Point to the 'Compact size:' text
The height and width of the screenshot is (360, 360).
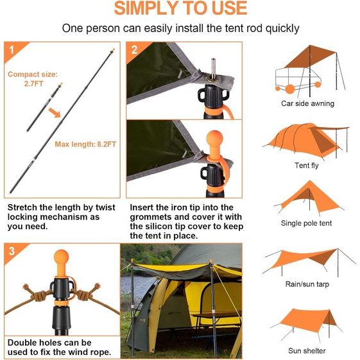pyautogui.click(x=32, y=74)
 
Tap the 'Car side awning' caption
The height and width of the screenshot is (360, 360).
pyautogui.click(x=307, y=103)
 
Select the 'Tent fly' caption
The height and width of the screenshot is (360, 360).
pyautogui.click(x=307, y=166)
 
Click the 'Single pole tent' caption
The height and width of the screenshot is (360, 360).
pyautogui.click(x=307, y=223)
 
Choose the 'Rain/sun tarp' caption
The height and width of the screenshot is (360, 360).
pyautogui.click(x=307, y=284)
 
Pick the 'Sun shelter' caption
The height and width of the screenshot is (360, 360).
pyautogui.click(x=307, y=350)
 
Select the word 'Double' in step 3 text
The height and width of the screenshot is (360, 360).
pyautogui.click(x=23, y=343)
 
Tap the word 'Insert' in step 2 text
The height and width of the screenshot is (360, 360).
pyautogui.click(x=144, y=208)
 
